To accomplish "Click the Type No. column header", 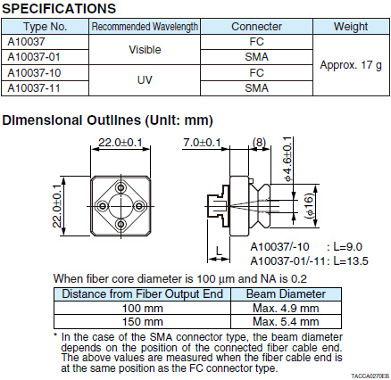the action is point(45,27).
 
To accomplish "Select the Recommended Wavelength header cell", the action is point(145,27).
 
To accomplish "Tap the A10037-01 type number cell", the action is point(45,57).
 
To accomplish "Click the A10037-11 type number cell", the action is point(45,88).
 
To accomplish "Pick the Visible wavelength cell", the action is point(145,49).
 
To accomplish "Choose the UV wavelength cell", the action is point(145,80).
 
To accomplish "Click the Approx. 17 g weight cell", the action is point(351,65).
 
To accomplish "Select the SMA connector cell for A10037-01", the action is point(256,57).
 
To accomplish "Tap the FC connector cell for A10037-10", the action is point(256,72).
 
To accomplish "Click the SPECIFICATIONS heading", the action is point(59,8).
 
